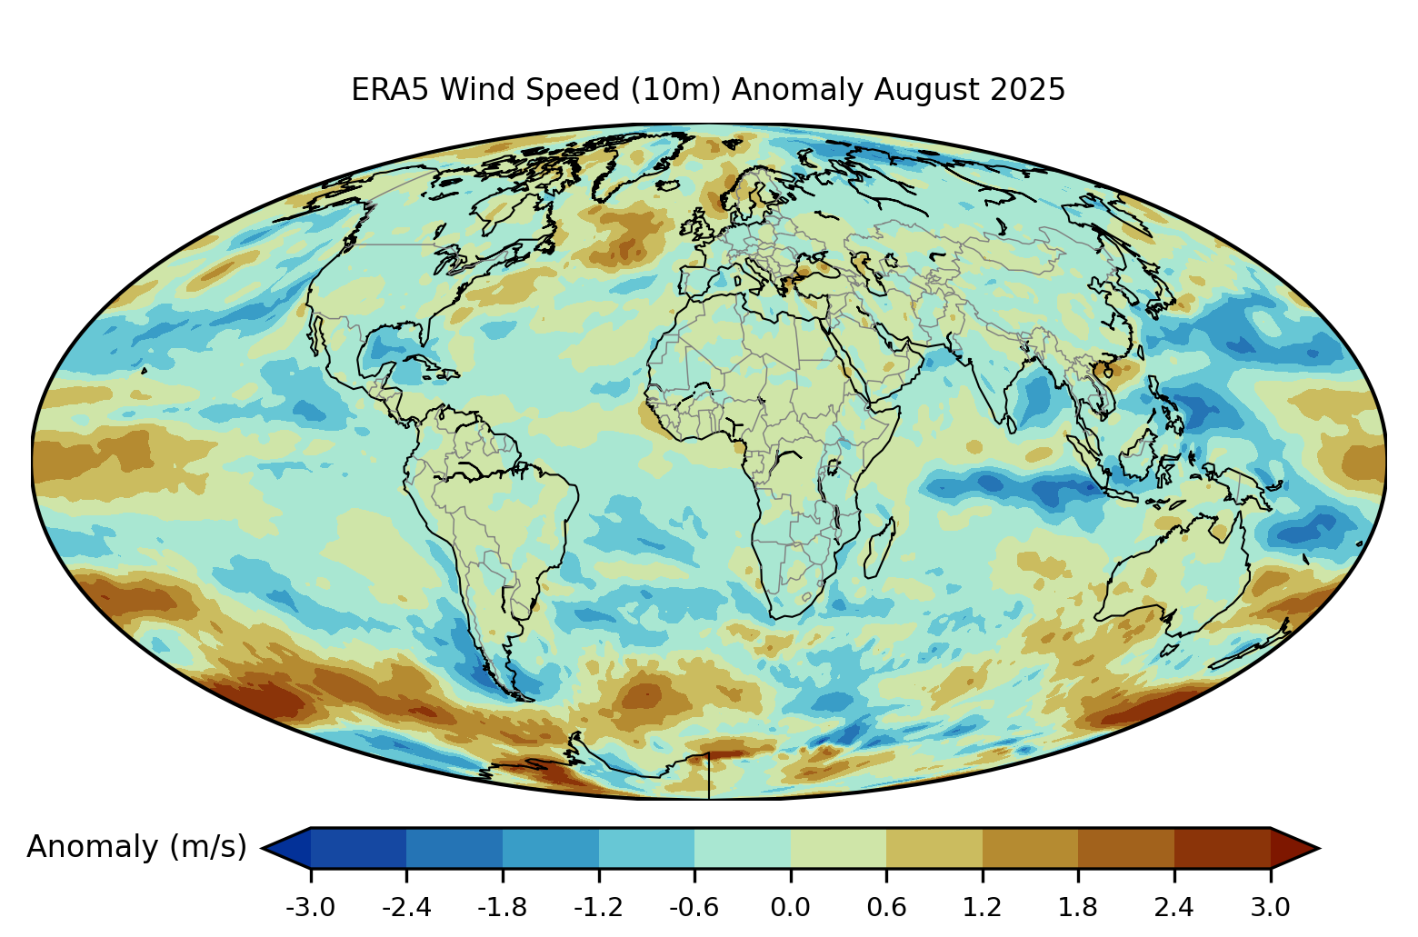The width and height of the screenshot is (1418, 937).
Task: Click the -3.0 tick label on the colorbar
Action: pos(310,907)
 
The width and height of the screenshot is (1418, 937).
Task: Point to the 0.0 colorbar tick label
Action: pos(790,907)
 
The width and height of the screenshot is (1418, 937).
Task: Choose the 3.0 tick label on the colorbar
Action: pos(1270,907)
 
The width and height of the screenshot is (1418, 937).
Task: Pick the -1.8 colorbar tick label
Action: pos(502,907)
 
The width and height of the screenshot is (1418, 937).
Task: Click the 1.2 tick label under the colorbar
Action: pos(982,907)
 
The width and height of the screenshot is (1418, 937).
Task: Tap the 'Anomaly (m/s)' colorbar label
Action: pos(136,847)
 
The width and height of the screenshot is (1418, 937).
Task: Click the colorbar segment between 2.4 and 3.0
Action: pos(1222,848)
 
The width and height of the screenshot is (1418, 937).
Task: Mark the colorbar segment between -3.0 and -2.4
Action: pos(358,848)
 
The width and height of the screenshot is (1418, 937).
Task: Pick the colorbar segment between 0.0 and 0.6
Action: pos(838,848)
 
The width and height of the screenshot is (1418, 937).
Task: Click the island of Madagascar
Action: pos(878,549)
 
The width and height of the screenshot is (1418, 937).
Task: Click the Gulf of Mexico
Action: pos(391,350)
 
